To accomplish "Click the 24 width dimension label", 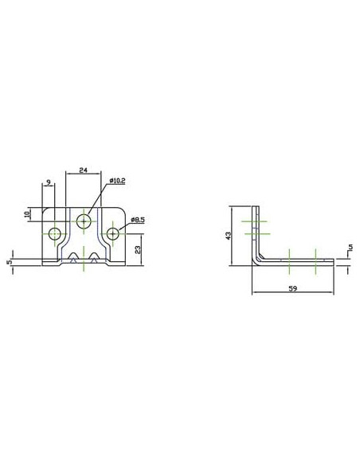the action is click(x=84, y=170).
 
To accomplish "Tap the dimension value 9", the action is click(x=49, y=182).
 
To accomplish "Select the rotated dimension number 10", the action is click(x=27, y=214).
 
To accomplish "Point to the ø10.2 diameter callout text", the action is click(x=117, y=181).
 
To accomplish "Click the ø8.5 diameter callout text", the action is click(x=138, y=220).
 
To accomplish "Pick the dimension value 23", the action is click(x=138, y=250).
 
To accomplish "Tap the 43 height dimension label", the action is click(x=228, y=236).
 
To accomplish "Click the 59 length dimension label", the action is click(x=292, y=288).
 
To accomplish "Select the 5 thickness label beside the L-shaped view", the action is click(x=350, y=247).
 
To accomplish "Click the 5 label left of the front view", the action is click(x=10, y=262).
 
